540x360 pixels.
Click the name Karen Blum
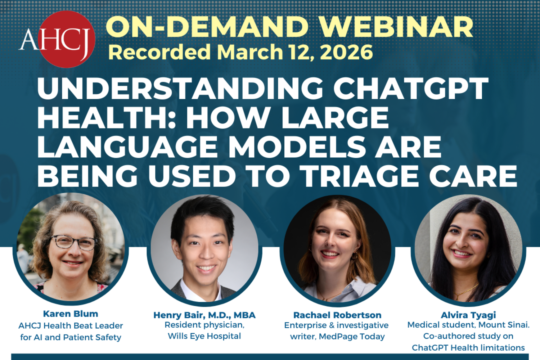(x=70, y=314)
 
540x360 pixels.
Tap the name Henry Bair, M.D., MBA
(x=205, y=315)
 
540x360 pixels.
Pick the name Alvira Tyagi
(x=467, y=314)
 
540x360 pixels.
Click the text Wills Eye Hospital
(x=205, y=336)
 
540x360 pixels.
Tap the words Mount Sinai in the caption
(x=497, y=325)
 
